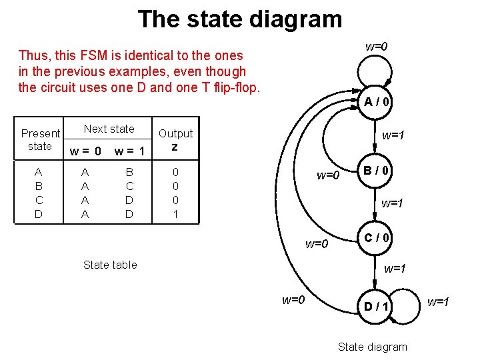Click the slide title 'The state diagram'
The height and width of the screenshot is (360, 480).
pos(240,19)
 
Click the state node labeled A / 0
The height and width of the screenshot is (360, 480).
pos(377,102)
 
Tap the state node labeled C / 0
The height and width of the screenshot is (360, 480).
pos(377,237)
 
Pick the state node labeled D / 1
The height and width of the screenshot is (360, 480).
pos(377,306)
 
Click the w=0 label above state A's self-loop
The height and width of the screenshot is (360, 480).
pos(376,47)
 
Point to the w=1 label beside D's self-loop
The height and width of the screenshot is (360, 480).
pos(438,302)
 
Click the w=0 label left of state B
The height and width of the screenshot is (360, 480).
pos(328,175)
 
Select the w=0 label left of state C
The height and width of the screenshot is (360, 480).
pos(317,243)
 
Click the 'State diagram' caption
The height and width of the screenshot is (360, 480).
pos(372,346)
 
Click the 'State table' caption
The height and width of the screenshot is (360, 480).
pos(110,265)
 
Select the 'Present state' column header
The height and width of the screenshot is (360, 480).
pos(40,139)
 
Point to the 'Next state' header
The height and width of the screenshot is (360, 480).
pos(109,129)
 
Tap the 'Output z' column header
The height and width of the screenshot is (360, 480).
pos(175,139)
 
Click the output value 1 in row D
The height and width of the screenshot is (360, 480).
pos(175,214)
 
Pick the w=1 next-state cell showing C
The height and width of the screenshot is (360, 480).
pos(129,186)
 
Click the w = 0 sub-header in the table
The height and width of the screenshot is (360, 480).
pos(85,151)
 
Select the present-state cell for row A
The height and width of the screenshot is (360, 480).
pos(39,172)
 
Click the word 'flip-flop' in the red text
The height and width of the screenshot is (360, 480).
pos(235,87)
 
